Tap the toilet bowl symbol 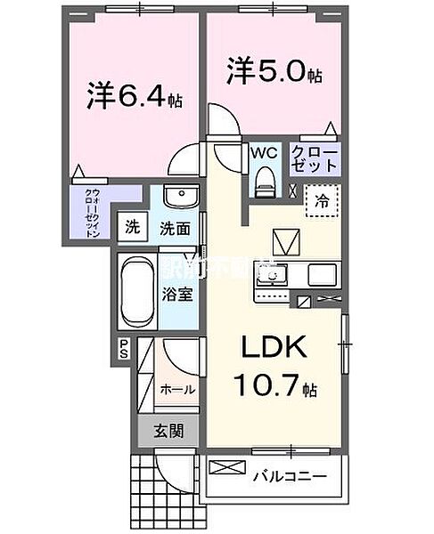coord(265,181)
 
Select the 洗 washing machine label coord(131,227)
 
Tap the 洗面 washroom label coord(175,228)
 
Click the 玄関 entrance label coord(168,432)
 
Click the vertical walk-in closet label coord(92,211)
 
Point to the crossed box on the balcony coord(226,468)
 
